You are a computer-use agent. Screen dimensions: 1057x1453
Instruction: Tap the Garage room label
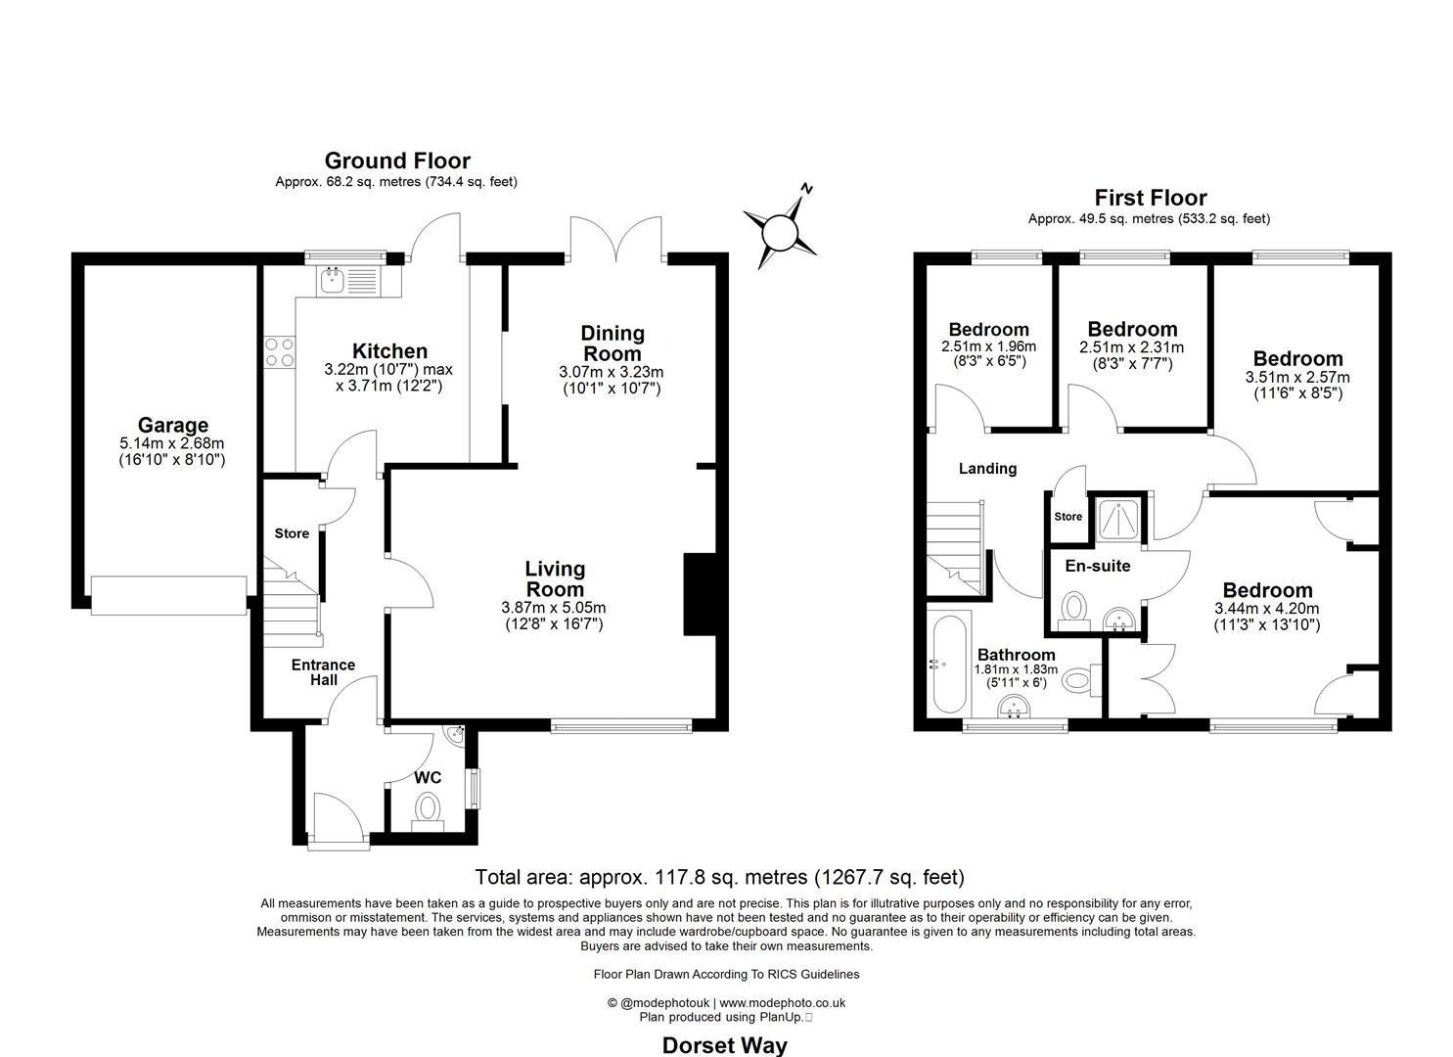172,425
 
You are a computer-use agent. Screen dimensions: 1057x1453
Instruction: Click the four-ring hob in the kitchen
280,351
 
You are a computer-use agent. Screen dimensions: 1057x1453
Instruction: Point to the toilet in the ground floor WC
428,810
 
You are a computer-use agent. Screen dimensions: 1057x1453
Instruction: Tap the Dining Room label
613,344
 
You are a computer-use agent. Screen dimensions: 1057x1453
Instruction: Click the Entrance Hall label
323,672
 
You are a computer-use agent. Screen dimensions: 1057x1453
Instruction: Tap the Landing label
986,469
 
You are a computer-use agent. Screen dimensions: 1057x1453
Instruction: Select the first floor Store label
1067,516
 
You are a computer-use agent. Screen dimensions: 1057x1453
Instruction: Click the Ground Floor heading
397,161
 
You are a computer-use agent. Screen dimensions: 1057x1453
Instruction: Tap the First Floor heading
1150,198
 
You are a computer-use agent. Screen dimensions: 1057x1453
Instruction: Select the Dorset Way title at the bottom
724,1045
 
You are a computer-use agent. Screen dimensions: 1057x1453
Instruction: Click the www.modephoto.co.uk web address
783,1002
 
